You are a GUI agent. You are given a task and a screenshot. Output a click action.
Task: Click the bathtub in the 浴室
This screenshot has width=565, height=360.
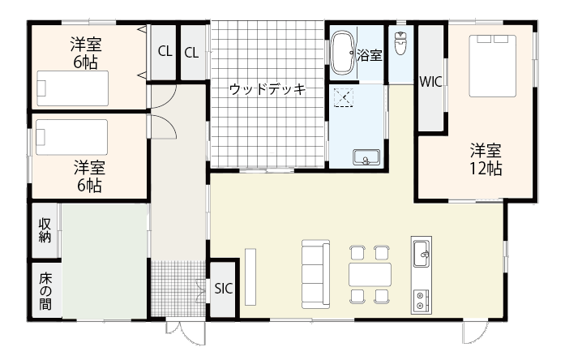click(343, 53)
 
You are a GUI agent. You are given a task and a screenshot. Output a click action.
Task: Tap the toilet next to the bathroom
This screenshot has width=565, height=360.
click(400, 43)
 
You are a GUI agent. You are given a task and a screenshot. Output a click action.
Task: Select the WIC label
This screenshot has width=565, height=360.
click(430, 82)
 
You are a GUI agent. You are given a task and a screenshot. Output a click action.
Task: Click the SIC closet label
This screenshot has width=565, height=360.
click(224, 289)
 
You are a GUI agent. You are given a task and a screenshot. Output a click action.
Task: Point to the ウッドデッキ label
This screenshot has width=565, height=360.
click(268, 88)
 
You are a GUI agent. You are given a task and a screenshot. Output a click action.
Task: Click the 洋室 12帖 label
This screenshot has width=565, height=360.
click(486, 159)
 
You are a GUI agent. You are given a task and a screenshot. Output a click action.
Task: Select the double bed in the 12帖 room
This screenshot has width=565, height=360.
click(492, 66)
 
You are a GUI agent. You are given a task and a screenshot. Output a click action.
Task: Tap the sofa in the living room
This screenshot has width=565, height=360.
click(315, 274)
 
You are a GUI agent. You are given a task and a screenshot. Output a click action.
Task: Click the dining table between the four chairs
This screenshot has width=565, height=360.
click(370, 274)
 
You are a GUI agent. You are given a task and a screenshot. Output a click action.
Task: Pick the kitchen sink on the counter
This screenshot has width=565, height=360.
click(421, 254)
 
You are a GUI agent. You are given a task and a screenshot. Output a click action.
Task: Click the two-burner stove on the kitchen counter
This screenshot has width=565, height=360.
click(421, 300)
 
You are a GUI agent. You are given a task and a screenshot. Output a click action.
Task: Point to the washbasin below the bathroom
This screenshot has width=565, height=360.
click(366, 157)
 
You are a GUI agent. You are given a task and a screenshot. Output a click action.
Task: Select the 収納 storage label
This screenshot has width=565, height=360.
click(45, 230)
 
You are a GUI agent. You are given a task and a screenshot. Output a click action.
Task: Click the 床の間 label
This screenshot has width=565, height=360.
click(45, 291)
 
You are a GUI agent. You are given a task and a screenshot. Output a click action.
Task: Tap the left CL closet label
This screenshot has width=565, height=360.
click(165, 51)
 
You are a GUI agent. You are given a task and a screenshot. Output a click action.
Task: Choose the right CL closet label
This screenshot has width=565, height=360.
click(191, 53)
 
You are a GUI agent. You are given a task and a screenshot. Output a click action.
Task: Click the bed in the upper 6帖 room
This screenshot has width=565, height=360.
click(72, 88)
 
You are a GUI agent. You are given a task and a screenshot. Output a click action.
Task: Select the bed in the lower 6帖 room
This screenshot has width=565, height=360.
click(71, 137)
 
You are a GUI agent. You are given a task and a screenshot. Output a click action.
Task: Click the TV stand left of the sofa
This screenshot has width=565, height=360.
click(250, 276)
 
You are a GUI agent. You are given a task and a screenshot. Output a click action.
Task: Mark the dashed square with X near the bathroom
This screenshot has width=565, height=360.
click(344, 97)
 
